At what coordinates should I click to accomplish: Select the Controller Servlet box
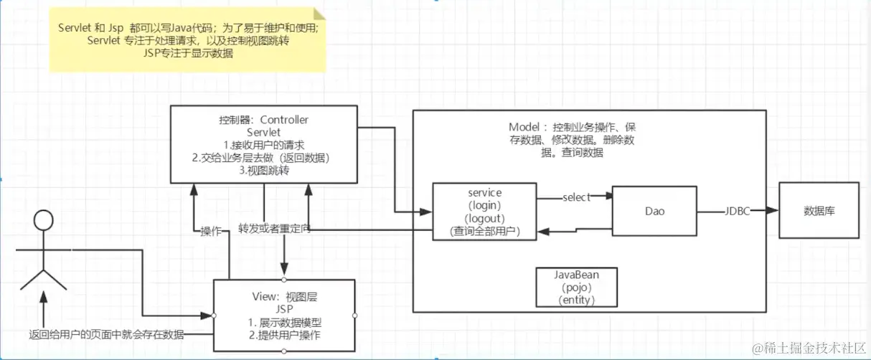263,143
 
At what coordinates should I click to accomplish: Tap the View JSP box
285,315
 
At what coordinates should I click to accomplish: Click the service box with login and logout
484,212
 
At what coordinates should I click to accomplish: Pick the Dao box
653,212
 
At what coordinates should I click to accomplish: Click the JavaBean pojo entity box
576,287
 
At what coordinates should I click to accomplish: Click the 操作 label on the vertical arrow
211,231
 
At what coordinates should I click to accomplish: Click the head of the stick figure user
44,221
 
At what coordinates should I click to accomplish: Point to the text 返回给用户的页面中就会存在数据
106,334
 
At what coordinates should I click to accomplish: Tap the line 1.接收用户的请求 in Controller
263,145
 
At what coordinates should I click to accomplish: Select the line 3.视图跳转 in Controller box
263,169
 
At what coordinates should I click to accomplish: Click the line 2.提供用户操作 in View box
285,335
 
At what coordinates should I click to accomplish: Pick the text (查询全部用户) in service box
484,231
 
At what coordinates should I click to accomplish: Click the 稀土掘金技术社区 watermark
807,347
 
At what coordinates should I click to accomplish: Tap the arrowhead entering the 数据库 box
773,212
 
